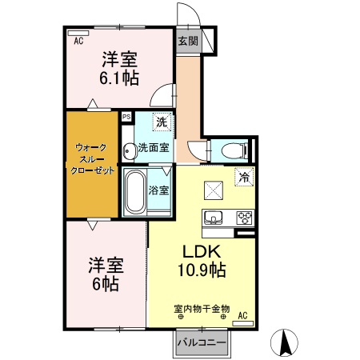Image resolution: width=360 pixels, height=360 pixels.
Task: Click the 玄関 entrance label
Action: click(187, 41)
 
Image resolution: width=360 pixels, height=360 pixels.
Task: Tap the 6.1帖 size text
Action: click(120, 78)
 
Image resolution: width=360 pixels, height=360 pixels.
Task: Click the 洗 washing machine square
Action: click(162, 122)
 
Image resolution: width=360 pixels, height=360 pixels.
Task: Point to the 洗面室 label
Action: click(153, 148)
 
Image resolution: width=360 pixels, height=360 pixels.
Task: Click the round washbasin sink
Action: click(129, 150)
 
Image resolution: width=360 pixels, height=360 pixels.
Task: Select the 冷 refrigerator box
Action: click(241, 177)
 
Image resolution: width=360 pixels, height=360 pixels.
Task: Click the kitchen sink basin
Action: click(215, 218)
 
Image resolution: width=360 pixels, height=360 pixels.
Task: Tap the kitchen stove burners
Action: click(242, 217)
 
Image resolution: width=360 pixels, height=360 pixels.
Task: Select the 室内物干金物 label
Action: click(202, 308)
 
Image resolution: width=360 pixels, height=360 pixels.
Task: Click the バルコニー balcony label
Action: click(201, 342)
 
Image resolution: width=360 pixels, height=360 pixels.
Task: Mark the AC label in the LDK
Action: click(242, 316)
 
